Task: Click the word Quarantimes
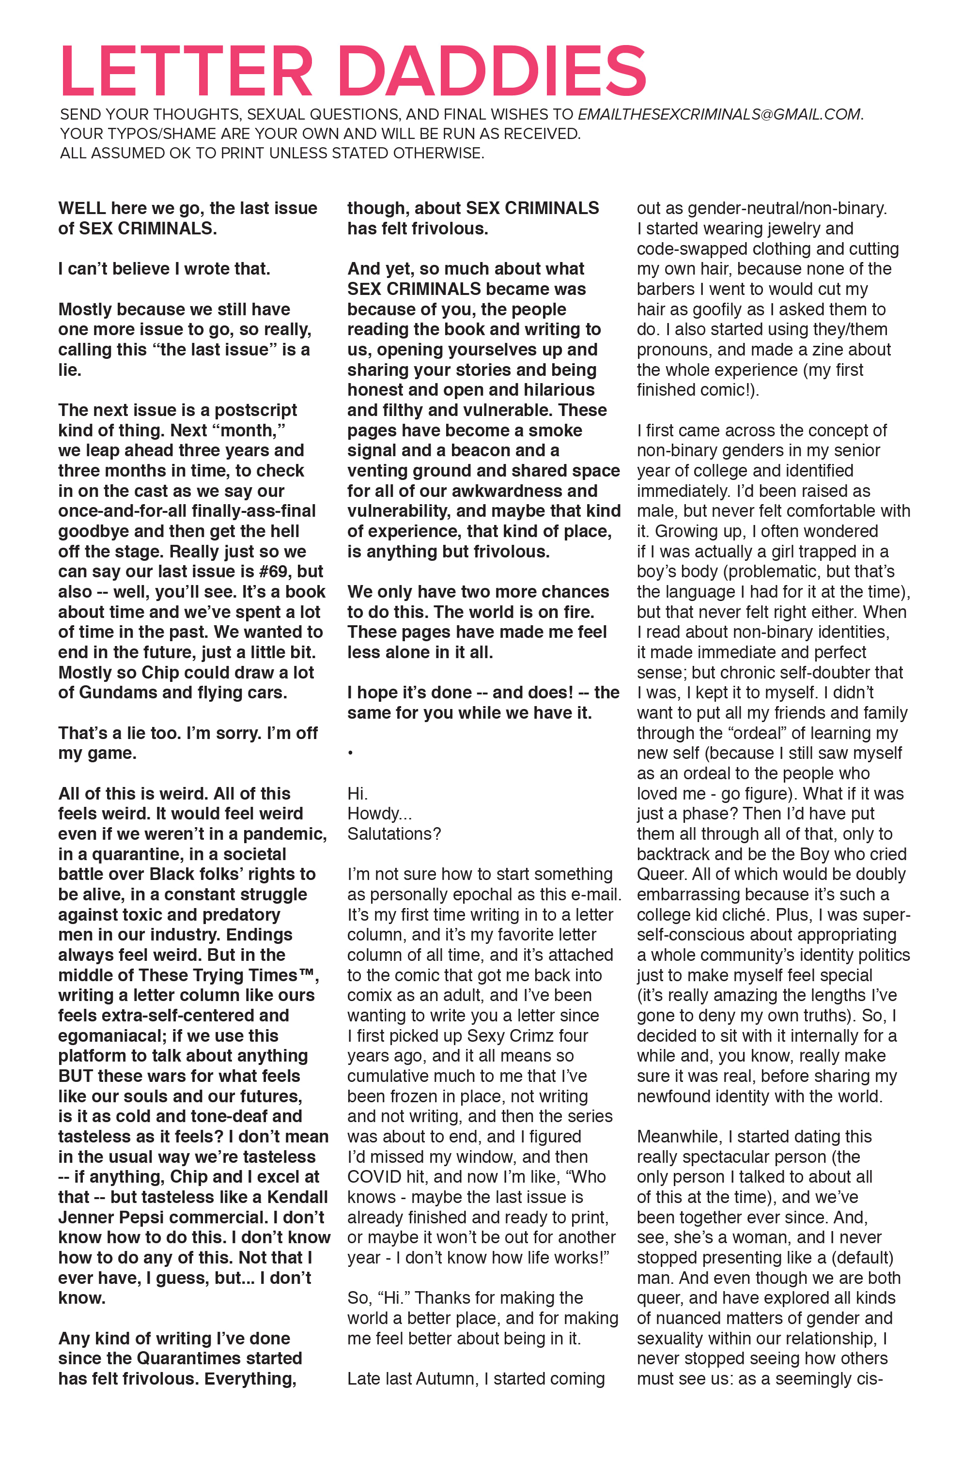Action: [x=188, y=1357]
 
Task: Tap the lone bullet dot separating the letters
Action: [x=350, y=753]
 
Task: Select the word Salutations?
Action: [x=394, y=833]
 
